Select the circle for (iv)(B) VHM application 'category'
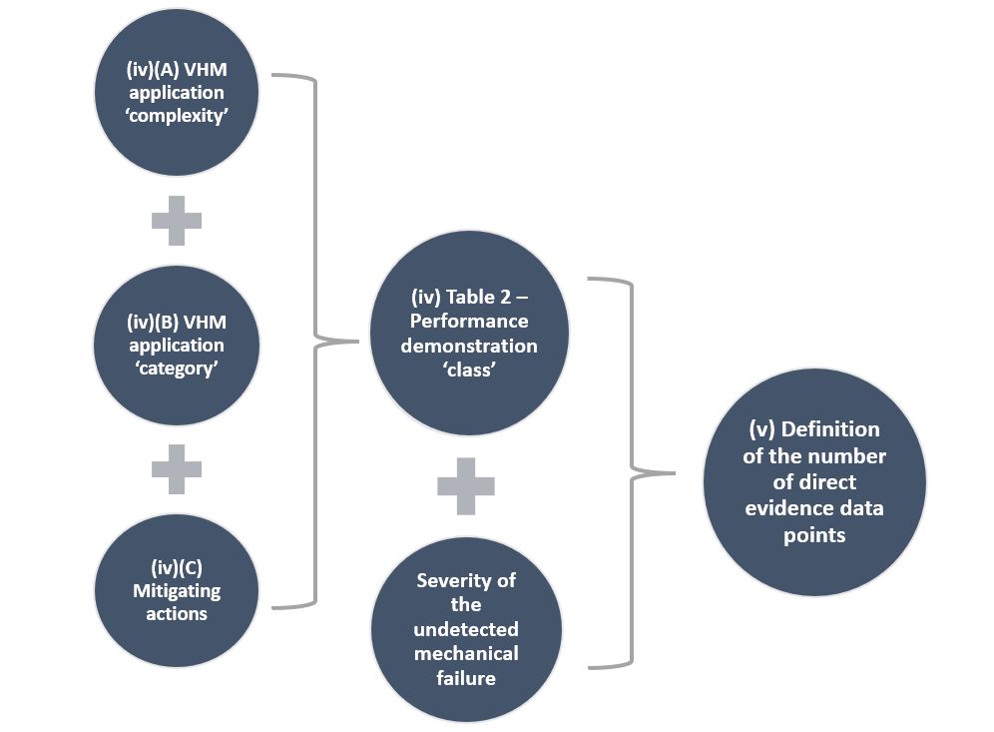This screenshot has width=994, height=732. click(177, 347)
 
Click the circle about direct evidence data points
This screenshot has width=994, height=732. click(814, 482)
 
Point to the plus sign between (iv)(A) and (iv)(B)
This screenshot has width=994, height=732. click(177, 221)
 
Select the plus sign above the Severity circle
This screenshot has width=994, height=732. click(466, 486)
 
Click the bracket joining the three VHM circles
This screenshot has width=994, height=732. click(315, 341)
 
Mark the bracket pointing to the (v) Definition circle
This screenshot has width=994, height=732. click(633, 471)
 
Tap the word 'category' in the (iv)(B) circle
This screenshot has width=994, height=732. click(176, 368)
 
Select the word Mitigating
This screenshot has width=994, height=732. click(177, 590)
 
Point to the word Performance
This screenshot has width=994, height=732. click(468, 322)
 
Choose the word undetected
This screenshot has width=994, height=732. click(466, 629)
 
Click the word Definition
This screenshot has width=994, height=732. click(830, 429)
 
